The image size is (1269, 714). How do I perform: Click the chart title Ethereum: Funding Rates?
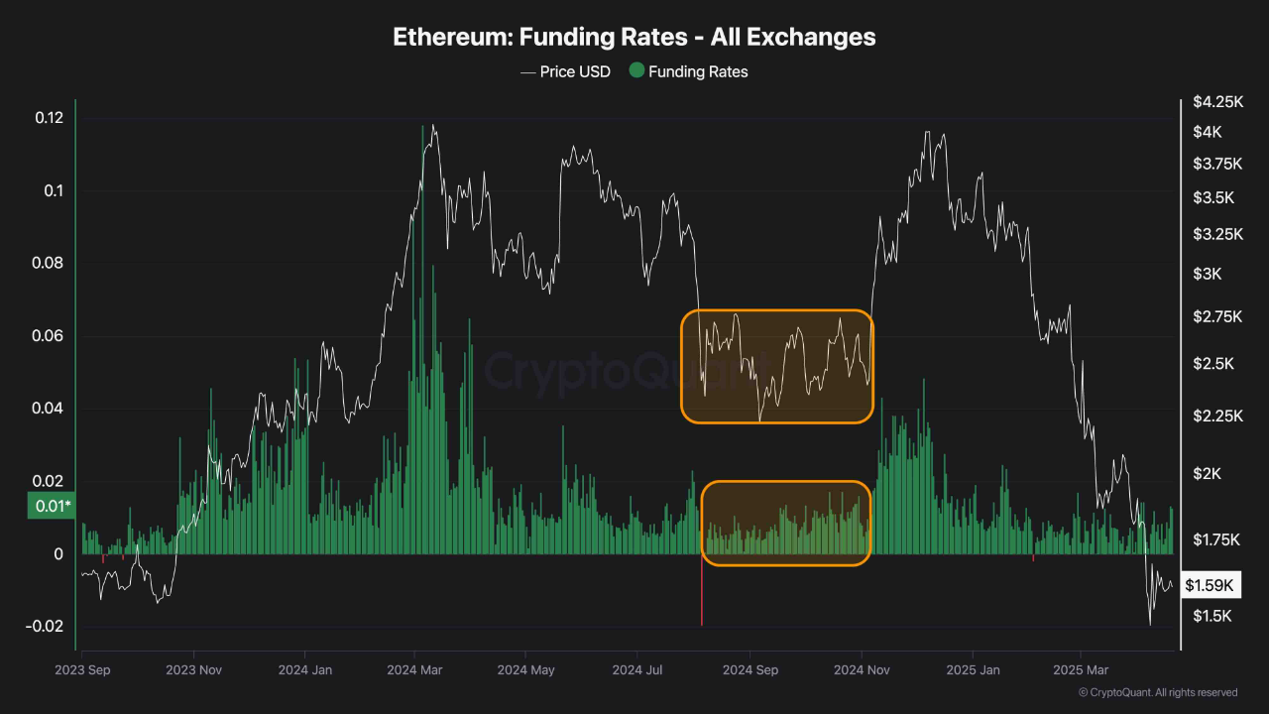[x=634, y=37]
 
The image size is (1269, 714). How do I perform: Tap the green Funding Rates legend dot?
[x=636, y=71]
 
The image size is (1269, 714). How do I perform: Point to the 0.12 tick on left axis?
[x=49, y=118]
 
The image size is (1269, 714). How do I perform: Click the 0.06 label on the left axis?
[x=49, y=336]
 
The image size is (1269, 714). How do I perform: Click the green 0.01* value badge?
[x=50, y=508]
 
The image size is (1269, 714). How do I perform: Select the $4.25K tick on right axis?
[x=1216, y=101]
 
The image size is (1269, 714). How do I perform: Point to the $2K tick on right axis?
[x=1208, y=473]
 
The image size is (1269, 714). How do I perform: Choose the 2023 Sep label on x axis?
[x=82, y=670]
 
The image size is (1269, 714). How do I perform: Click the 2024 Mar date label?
[x=415, y=670]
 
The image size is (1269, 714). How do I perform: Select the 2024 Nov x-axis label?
[x=862, y=670]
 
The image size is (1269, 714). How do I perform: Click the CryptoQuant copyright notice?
[x=1156, y=692]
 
